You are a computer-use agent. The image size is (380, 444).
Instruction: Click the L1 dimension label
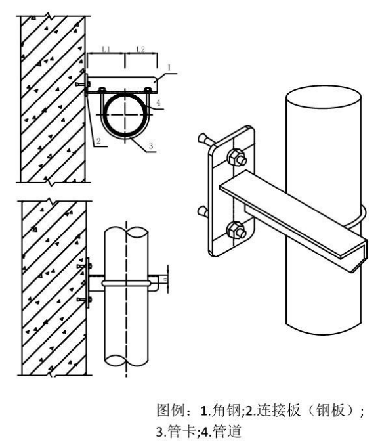(106, 49)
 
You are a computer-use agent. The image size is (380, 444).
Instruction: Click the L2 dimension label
(140, 49)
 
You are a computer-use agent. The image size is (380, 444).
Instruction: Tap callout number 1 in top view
(169, 68)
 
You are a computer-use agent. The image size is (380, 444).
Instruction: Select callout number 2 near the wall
(98, 141)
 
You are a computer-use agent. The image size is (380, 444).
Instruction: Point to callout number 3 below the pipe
(150, 146)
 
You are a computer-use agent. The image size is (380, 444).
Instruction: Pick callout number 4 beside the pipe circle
(158, 102)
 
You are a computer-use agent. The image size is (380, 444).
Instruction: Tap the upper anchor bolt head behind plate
(203, 139)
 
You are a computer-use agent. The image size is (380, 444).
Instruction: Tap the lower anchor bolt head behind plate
(203, 211)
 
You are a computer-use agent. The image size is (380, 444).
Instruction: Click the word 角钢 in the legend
(226, 411)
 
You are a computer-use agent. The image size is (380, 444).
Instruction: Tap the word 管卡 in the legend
(181, 432)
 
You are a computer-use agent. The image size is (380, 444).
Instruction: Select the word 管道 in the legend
(227, 432)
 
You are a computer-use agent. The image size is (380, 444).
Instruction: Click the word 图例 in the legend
(171, 411)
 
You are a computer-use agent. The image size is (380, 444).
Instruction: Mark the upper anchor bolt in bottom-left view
(84, 266)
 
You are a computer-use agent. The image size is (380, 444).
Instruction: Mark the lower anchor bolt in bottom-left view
(84, 299)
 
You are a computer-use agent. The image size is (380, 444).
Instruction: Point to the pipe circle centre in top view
(125, 114)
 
